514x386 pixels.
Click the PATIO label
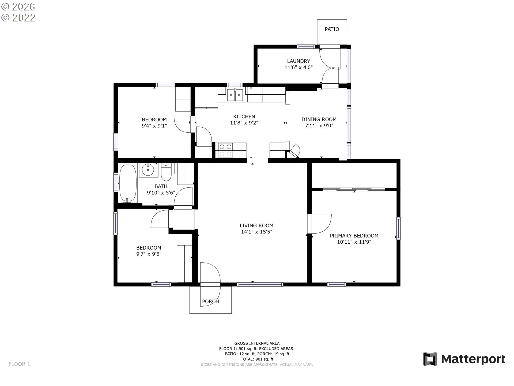coord(332,29)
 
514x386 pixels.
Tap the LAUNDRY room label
coord(298,61)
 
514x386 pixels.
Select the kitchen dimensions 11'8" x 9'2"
coord(244,123)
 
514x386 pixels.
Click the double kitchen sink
coord(235,95)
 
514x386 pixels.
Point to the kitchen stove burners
coord(225,150)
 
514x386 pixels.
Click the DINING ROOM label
coord(319,119)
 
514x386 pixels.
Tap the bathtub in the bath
coord(128,183)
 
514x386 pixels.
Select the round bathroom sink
coord(148,169)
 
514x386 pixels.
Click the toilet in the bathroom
coord(166,172)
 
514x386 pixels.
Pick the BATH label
coord(161,186)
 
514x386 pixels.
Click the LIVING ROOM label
coord(256,226)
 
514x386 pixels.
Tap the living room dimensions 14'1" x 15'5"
coord(256,232)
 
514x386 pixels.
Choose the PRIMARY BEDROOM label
coord(354,236)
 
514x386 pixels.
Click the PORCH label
coord(210,301)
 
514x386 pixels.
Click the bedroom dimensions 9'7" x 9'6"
coord(149,254)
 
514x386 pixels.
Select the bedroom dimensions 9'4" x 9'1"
coord(154,126)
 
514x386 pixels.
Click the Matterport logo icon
coord(430,359)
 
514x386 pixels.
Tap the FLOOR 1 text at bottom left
coord(19,364)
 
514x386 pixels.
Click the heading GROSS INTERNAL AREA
coord(257,343)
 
